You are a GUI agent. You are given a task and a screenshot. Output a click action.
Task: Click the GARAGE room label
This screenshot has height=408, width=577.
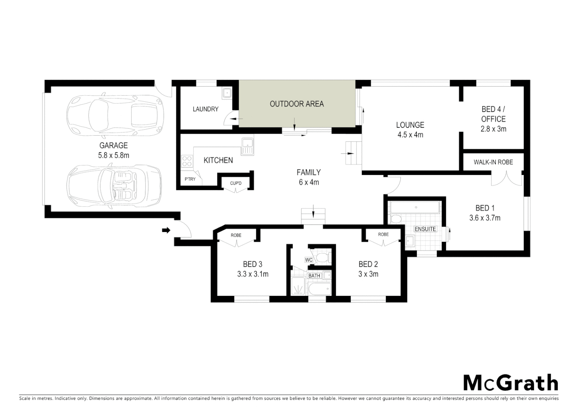click(113, 145)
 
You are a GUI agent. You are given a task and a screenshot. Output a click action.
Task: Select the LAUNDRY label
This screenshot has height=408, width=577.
click(205, 109)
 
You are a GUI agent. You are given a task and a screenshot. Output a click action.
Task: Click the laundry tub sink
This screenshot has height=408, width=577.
click(227, 92)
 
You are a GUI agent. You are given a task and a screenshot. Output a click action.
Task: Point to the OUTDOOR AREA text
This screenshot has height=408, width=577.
click(296, 104)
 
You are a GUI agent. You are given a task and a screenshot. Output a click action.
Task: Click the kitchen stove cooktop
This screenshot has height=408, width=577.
click(187, 161)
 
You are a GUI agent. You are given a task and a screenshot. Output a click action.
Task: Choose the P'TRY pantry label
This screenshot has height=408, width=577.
click(190, 179)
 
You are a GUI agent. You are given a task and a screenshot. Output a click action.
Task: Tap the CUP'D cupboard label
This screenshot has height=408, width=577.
click(236, 184)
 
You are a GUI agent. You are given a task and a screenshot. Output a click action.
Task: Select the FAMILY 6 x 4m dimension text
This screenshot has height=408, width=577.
click(309, 182)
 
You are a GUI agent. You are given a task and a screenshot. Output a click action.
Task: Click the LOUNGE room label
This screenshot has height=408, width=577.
click(410, 125)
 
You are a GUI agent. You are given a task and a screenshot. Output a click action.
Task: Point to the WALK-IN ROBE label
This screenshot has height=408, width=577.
click(493, 162)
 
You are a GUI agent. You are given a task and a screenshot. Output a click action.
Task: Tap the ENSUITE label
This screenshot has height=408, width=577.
click(425, 229)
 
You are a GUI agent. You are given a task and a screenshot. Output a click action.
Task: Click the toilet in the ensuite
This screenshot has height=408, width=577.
click(396, 219)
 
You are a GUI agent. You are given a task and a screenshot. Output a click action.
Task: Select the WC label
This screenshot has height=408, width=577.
click(309, 260)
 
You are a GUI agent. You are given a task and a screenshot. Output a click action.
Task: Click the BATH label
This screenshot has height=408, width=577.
click(314, 276)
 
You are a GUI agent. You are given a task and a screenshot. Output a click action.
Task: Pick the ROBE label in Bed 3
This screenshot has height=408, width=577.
click(236, 235)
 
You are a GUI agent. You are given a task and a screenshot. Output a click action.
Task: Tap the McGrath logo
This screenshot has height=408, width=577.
click(510, 383)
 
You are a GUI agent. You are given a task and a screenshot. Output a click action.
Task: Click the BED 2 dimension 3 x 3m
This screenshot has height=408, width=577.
click(368, 274)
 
